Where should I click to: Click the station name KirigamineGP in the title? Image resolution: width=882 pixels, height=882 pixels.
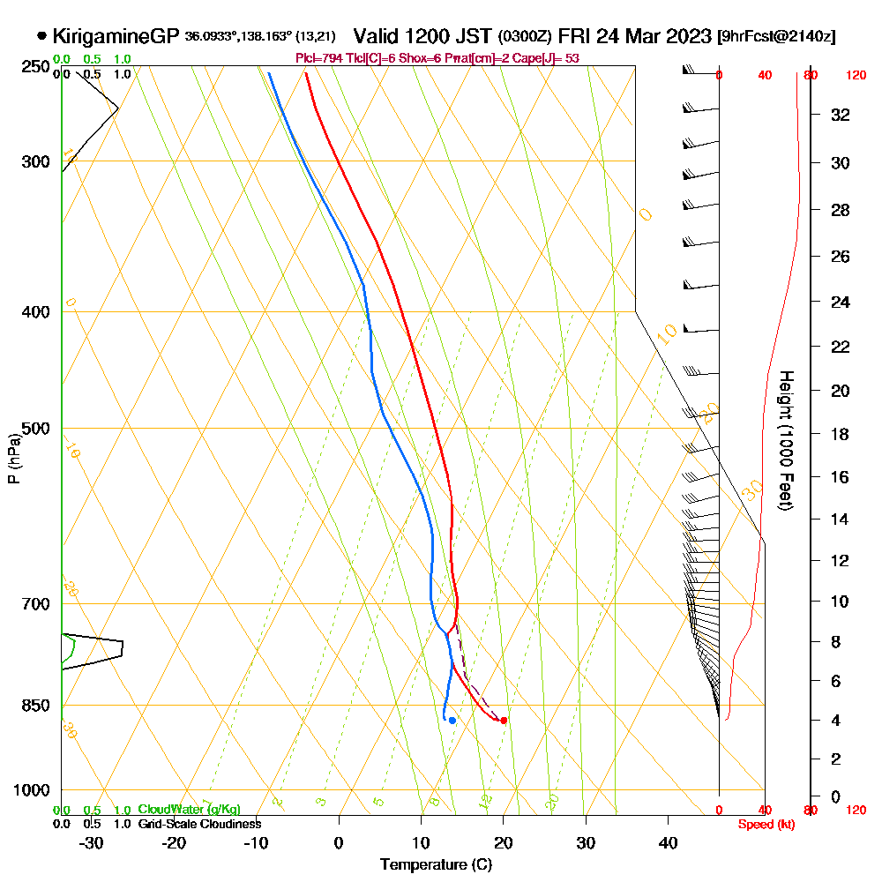[116, 36]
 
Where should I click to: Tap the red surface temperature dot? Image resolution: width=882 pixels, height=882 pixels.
[504, 721]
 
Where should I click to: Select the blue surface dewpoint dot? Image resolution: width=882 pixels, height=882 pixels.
[452, 721]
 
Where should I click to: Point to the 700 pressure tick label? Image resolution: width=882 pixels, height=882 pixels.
[34, 604]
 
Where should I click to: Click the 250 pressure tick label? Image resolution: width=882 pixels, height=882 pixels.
[34, 67]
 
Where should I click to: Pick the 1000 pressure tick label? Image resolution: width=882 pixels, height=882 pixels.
[31, 790]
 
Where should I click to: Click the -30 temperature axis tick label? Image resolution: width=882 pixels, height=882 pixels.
[92, 842]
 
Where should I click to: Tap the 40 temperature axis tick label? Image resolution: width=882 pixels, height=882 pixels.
[668, 842]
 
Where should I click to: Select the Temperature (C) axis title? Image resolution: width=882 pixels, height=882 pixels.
[436, 865]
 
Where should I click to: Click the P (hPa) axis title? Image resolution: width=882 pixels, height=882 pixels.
[14, 459]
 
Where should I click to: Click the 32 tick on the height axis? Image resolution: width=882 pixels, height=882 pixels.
[841, 115]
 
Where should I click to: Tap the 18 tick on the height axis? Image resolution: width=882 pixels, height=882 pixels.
[841, 434]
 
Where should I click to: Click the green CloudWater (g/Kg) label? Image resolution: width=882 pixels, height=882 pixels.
[189, 810]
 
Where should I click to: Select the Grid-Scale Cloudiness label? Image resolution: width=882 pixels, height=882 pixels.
[199, 824]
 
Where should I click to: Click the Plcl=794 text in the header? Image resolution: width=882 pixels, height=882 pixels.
[318, 58]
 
